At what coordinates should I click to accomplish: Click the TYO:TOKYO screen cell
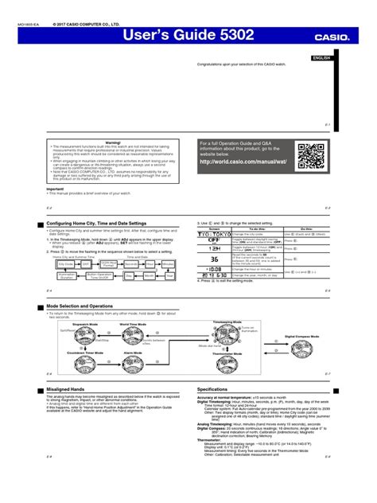tap(214, 235)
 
